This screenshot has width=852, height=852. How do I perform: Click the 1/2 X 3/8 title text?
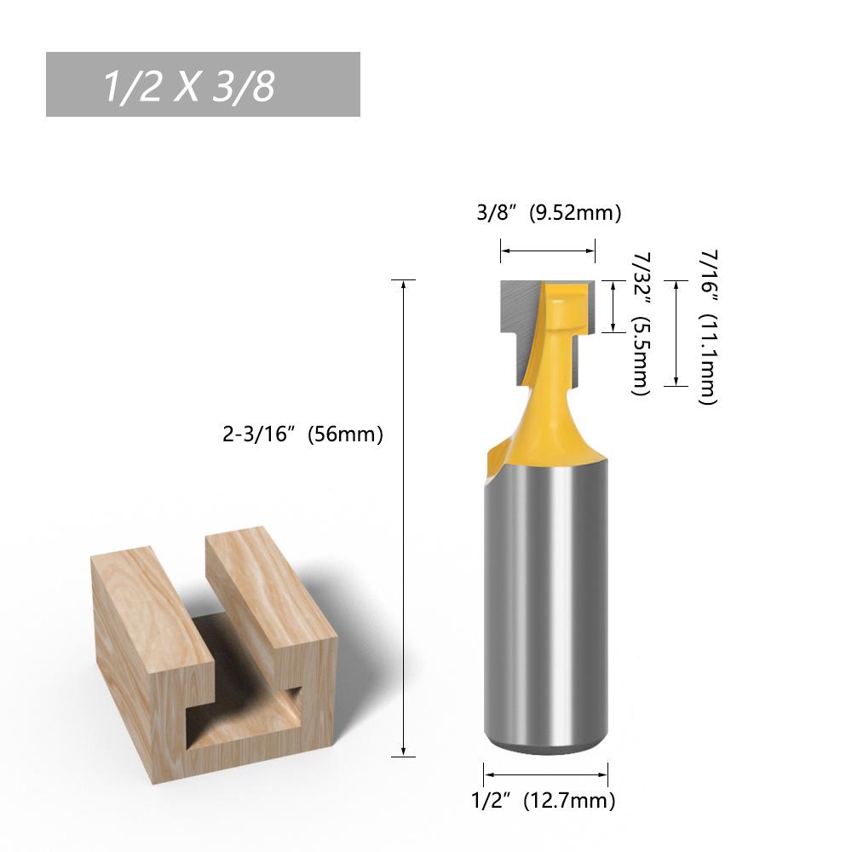pos(189,86)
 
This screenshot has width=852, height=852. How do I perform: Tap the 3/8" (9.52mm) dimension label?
pos(549,212)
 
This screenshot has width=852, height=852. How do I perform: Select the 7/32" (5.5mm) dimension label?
pos(641,324)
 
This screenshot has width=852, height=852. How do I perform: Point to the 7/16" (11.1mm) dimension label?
pos(708,327)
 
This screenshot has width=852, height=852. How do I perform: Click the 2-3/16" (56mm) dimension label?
pos(302,435)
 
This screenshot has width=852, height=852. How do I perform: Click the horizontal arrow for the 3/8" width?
pos(548,250)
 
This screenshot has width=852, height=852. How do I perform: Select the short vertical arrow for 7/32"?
pos(613,307)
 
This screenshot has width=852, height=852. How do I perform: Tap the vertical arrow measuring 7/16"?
pos(676,333)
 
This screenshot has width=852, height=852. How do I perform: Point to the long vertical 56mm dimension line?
pos(403,518)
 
